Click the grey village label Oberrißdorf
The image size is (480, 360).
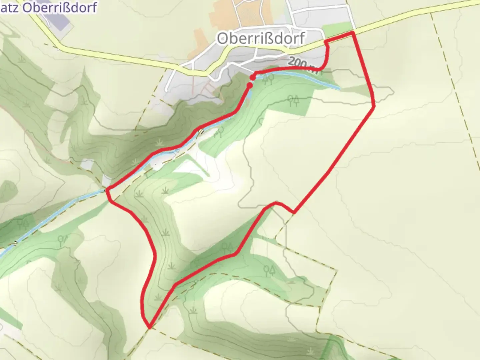coord(261,38)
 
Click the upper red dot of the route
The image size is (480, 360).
coord(253,77)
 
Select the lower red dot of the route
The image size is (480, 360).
coord(249,86)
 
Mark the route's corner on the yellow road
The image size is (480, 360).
coord(353,33)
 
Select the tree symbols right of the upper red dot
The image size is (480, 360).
coord(268,79)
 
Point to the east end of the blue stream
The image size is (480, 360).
coord(339,88)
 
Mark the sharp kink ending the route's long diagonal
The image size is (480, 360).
coord(293,212)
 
